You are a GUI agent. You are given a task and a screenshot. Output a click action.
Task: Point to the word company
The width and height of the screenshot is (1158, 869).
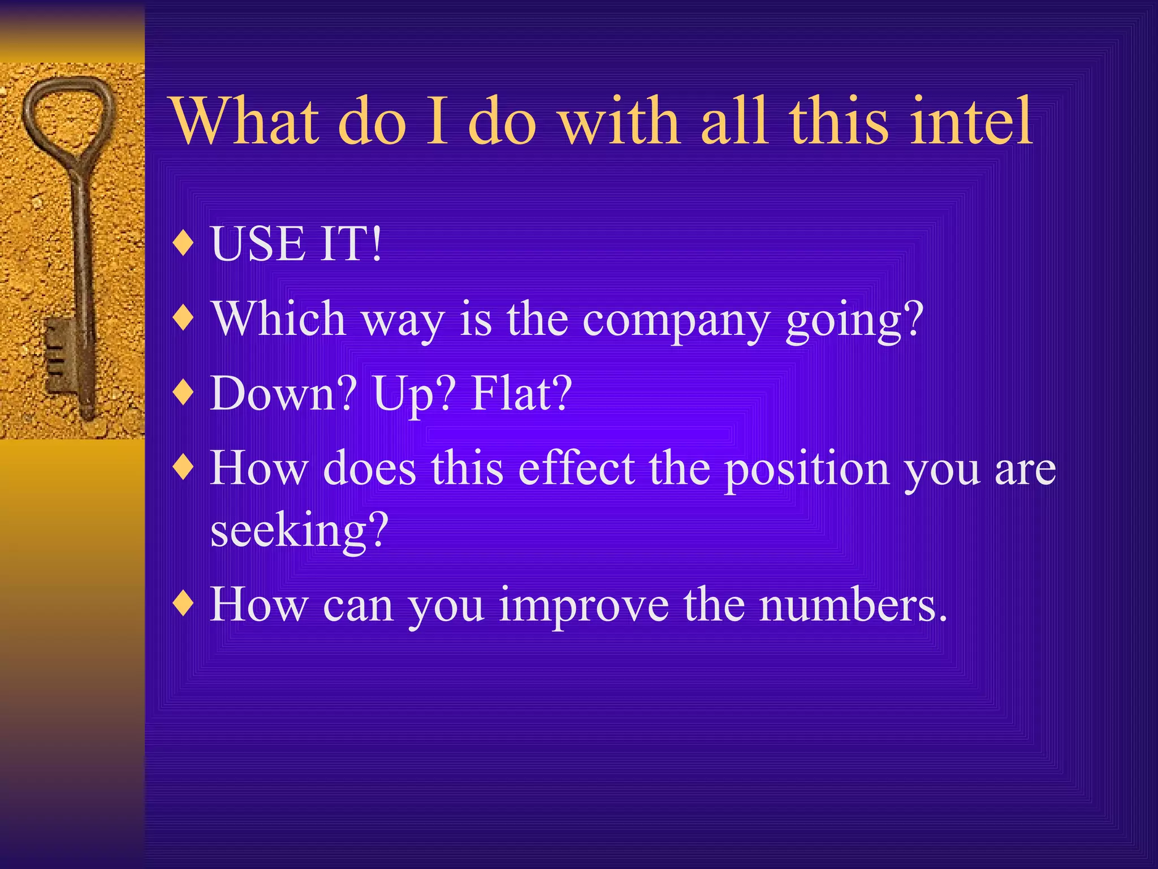click(x=676, y=320)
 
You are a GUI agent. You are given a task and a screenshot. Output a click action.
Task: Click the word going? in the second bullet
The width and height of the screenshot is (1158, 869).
click(x=854, y=320)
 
